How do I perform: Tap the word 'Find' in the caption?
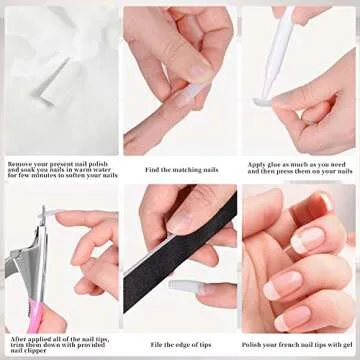pyautogui.click(x=152, y=170)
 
